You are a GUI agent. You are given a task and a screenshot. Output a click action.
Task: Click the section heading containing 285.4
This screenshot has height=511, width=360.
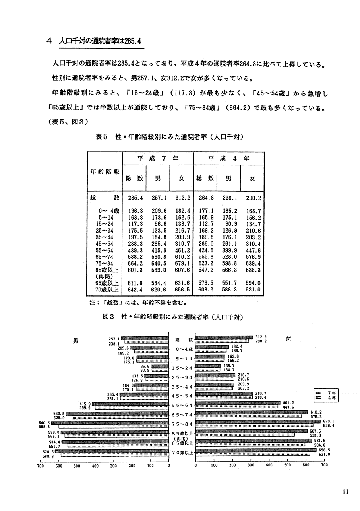[100, 41]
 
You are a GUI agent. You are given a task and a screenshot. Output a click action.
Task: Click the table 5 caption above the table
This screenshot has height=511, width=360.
[170, 137]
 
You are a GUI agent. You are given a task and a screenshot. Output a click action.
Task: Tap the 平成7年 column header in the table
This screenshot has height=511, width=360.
[158, 158]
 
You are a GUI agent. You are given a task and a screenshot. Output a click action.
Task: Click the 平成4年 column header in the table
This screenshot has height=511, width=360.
[228, 158]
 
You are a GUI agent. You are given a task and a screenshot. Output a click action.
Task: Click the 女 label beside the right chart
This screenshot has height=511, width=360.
[288, 339]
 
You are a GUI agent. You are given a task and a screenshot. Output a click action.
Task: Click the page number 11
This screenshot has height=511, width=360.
[345, 492]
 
